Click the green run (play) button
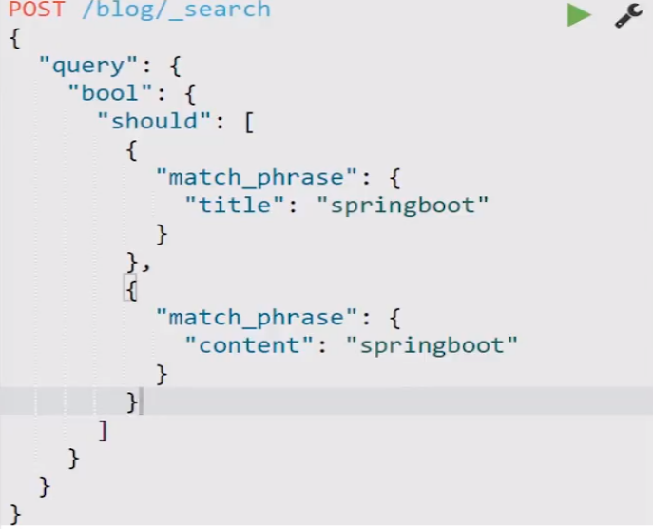click(578, 15)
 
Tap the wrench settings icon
click(628, 15)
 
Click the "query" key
click(82, 66)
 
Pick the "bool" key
click(111, 93)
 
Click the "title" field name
click(228, 205)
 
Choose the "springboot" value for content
click(438, 344)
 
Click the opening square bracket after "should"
click(248, 122)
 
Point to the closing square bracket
click(103, 430)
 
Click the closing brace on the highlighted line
click(132, 402)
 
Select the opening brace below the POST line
click(14, 38)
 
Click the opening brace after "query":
click(175, 67)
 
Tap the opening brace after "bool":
click(189, 94)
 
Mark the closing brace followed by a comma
click(132, 261)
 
